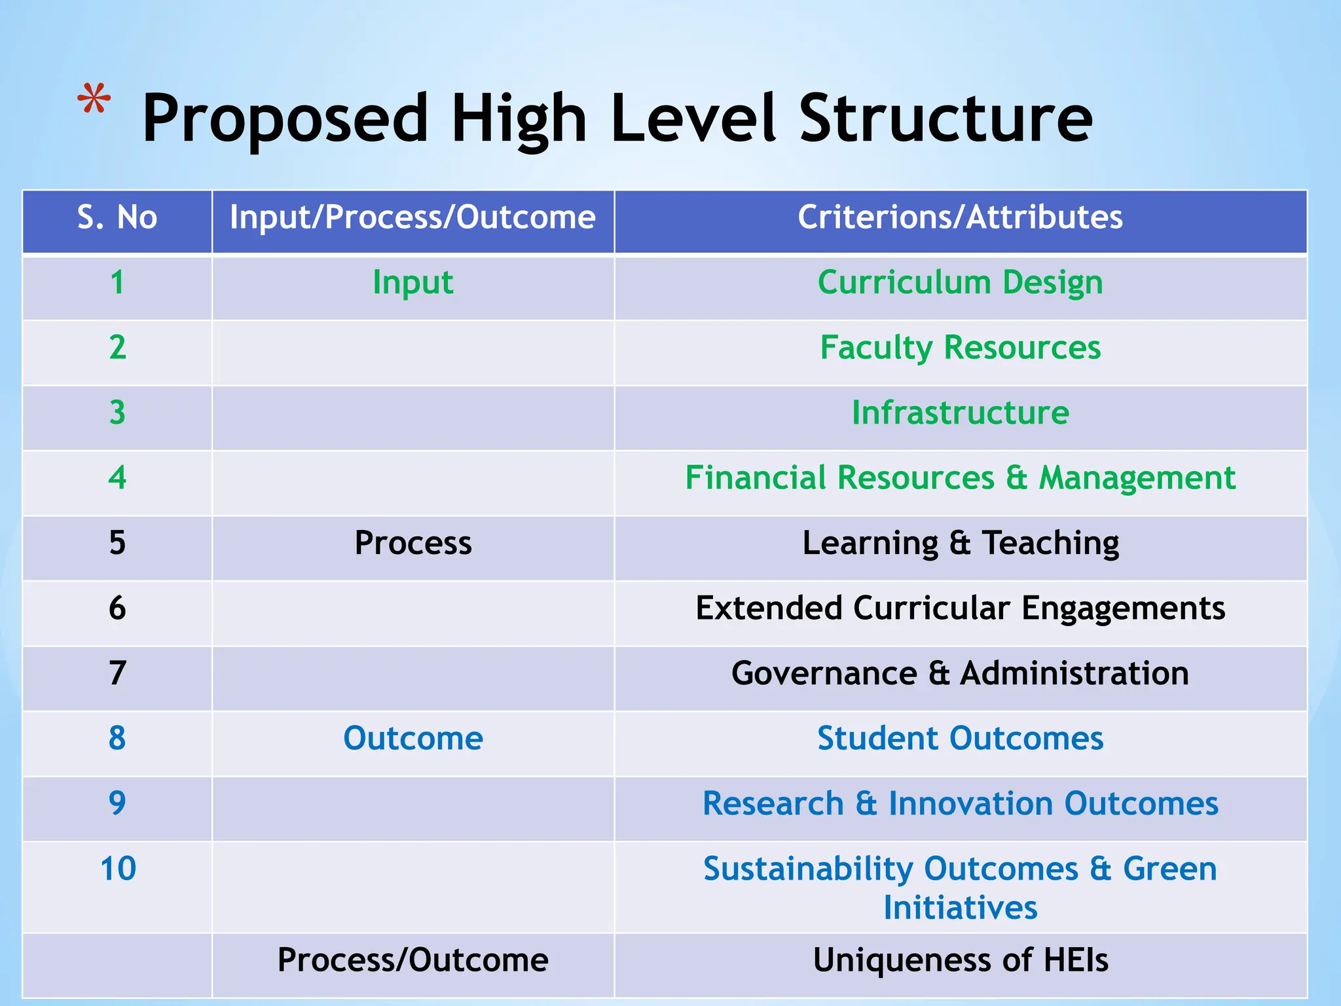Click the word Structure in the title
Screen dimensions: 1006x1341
(x=946, y=119)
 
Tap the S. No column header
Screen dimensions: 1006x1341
(x=117, y=217)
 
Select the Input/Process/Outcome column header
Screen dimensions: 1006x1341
(x=413, y=217)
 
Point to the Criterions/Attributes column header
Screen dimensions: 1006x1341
(x=960, y=217)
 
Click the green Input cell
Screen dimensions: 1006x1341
(x=413, y=283)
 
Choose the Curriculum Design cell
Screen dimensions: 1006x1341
(x=960, y=283)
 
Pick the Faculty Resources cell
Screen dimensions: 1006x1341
(x=960, y=347)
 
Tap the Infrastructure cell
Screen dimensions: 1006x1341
(x=960, y=413)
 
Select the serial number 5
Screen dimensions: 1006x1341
(x=117, y=543)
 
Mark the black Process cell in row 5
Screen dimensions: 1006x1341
(x=413, y=543)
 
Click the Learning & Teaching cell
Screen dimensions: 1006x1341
(x=960, y=543)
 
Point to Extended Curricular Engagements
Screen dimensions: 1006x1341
(x=960, y=608)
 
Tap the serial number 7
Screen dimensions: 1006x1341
(x=117, y=673)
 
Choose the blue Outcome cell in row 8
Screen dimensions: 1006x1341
(x=413, y=738)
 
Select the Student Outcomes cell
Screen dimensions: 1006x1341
(x=960, y=738)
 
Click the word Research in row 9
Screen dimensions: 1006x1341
(x=773, y=804)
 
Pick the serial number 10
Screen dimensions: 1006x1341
(x=118, y=869)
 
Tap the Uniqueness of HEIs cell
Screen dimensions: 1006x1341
(x=960, y=960)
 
